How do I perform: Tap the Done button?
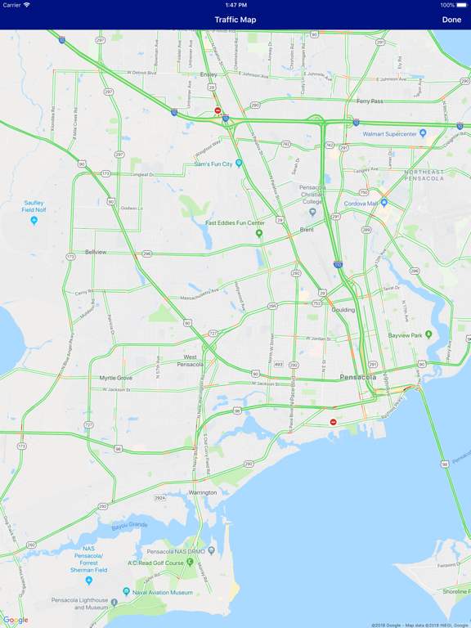coord(451,20)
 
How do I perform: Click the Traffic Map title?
coord(235,20)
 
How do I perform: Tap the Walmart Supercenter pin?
coord(423,133)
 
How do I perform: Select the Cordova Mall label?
coord(361,204)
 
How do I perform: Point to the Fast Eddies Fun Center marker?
coord(259,234)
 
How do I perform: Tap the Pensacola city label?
coord(358,378)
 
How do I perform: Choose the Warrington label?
coord(203,492)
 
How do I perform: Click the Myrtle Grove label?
coord(115,379)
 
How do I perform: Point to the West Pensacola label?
coord(190,361)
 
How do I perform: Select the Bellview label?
coord(96,253)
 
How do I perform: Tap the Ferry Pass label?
coord(370,101)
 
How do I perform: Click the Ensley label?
coord(209,74)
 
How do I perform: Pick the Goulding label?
coord(343,310)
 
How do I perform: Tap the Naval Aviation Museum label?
coord(164,592)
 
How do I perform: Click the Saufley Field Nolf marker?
coord(34,221)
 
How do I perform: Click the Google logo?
coord(16,621)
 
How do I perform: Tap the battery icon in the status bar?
coord(461,5)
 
